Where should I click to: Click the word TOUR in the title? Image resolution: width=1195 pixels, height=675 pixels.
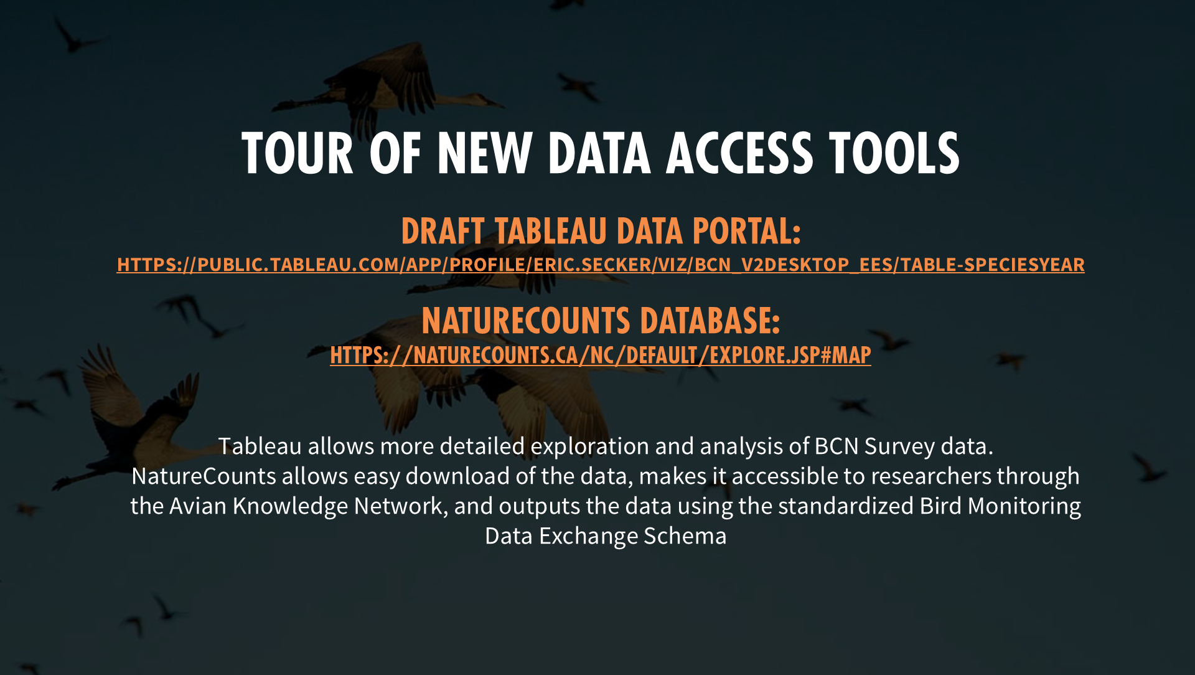[x=298, y=153]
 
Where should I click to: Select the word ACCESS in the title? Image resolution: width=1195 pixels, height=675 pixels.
[x=739, y=153]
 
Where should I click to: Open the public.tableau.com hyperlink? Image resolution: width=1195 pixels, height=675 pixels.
[x=601, y=265]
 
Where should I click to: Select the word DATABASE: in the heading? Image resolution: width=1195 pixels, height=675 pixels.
[x=710, y=321]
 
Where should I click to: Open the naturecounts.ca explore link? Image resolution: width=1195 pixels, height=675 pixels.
[x=601, y=355]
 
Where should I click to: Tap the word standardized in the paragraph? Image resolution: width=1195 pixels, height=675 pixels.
[x=846, y=506]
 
